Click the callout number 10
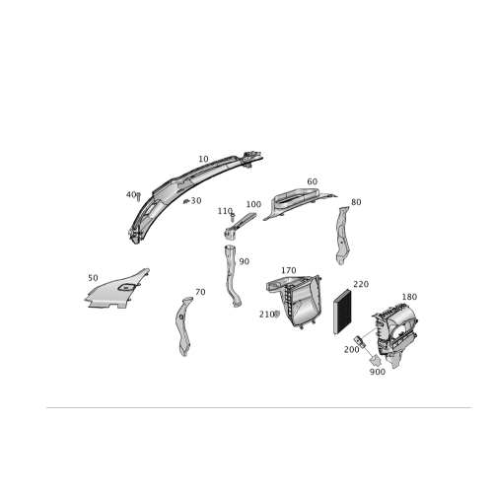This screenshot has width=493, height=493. coord(203,159)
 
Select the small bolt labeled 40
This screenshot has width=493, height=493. coord(138,197)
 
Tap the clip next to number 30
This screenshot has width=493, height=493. coord(186,201)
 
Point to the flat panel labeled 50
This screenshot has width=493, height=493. coord(116,290)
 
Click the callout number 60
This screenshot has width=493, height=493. coord(313,181)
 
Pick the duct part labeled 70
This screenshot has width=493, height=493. coord(183,326)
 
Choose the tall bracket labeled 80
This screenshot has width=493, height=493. coord(342,236)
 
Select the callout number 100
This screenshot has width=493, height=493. coord(253,204)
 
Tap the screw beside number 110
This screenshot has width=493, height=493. coord(233,217)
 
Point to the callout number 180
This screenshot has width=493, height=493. coord(409,297)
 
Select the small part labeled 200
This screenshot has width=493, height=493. coord(359,341)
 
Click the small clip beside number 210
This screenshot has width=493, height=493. coord(277,315)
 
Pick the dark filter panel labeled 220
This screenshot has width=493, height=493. coord(342,312)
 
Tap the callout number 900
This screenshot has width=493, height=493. coord(378,372)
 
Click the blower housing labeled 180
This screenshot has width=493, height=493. coord(395,334)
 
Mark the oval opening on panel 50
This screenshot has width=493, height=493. coord(126,288)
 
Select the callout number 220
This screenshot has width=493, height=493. coord(361,284)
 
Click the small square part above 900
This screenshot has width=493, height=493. coord(375,360)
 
